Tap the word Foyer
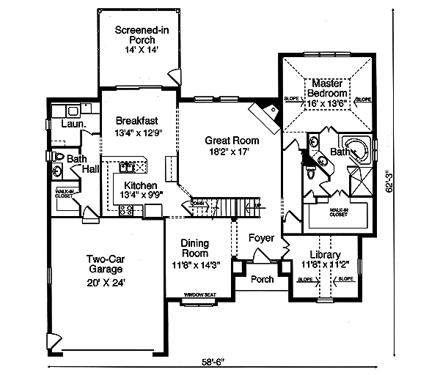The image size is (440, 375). pyautogui.click(x=261, y=238)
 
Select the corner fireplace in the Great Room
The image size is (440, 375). pyautogui.click(x=264, y=116)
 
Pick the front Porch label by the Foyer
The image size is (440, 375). pyautogui.click(x=262, y=279)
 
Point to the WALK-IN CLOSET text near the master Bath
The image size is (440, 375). pyautogui.click(x=338, y=213)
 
